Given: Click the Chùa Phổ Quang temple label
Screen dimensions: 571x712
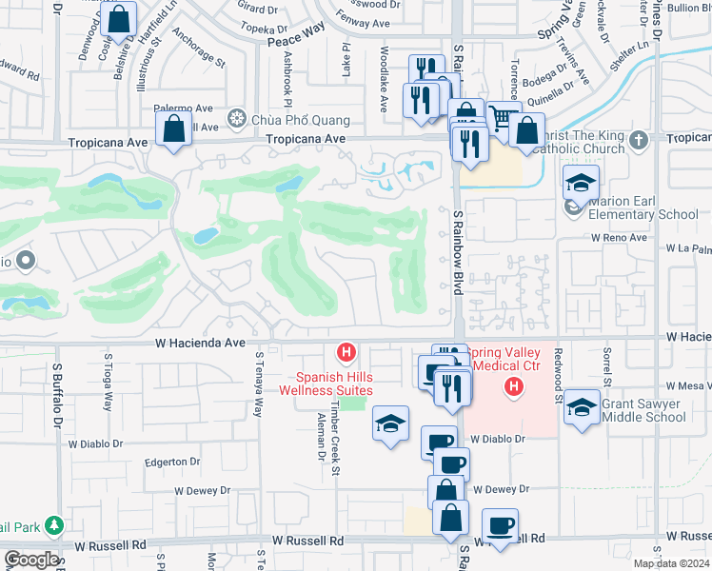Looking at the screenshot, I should point(287,121).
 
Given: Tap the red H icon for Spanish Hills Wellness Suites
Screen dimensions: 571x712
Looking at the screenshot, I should point(347,354).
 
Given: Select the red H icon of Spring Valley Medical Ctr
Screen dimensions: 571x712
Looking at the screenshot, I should point(514,386).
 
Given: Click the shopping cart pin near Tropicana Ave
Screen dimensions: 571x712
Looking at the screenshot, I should point(502,116).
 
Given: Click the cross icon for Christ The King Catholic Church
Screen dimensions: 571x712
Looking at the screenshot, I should point(638,140).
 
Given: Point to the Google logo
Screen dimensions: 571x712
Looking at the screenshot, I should point(30,559).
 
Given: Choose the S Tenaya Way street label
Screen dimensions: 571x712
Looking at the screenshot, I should point(258,384).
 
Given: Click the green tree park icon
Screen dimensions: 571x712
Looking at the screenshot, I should point(54,524).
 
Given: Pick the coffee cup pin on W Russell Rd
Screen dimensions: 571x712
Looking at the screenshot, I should point(501,524).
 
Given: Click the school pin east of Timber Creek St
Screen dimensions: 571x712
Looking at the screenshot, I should point(390,423).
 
